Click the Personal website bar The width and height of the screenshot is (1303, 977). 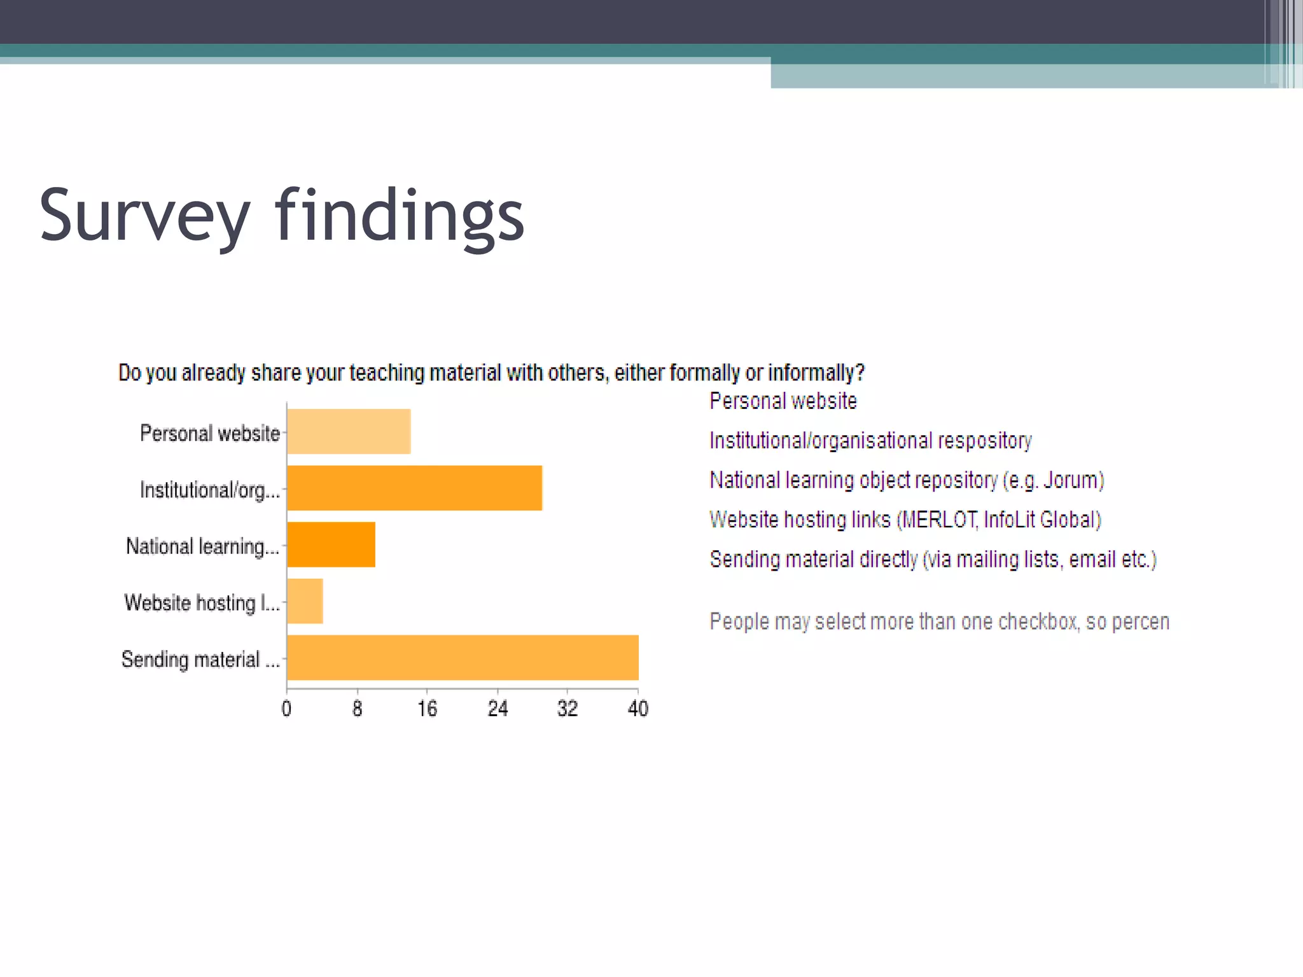pyautogui.click(x=349, y=431)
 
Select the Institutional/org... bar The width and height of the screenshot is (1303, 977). pyautogui.click(x=414, y=488)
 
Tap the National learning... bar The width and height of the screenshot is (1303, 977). pyautogui.click(x=331, y=544)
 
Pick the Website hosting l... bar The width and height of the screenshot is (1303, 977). pyautogui.click(x=305, y=601)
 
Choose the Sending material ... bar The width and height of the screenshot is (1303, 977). pyautogui.click(x=463, y=658)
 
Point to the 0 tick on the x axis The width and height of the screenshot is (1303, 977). pyautogui.click(x=287, y=709)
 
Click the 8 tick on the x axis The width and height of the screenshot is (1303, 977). pyautogui.click(x=358, y=709)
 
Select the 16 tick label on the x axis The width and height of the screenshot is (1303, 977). pyautogui.click(x=428, y=709)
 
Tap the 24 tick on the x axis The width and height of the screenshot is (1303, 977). pyautogui.click(x=498, y=709)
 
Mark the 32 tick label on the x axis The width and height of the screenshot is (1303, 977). pyautogui.click(x=568, y=709)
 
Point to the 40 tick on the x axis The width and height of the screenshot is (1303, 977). pyautogui.click(x=638, y=709)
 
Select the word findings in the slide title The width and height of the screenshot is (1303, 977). pyautogui.click(x=400, y=216)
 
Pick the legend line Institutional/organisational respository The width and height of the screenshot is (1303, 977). pyautogui.click(x=870, y=441)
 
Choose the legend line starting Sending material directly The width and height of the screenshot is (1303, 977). pyautogui.click(x=933, y=560)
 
